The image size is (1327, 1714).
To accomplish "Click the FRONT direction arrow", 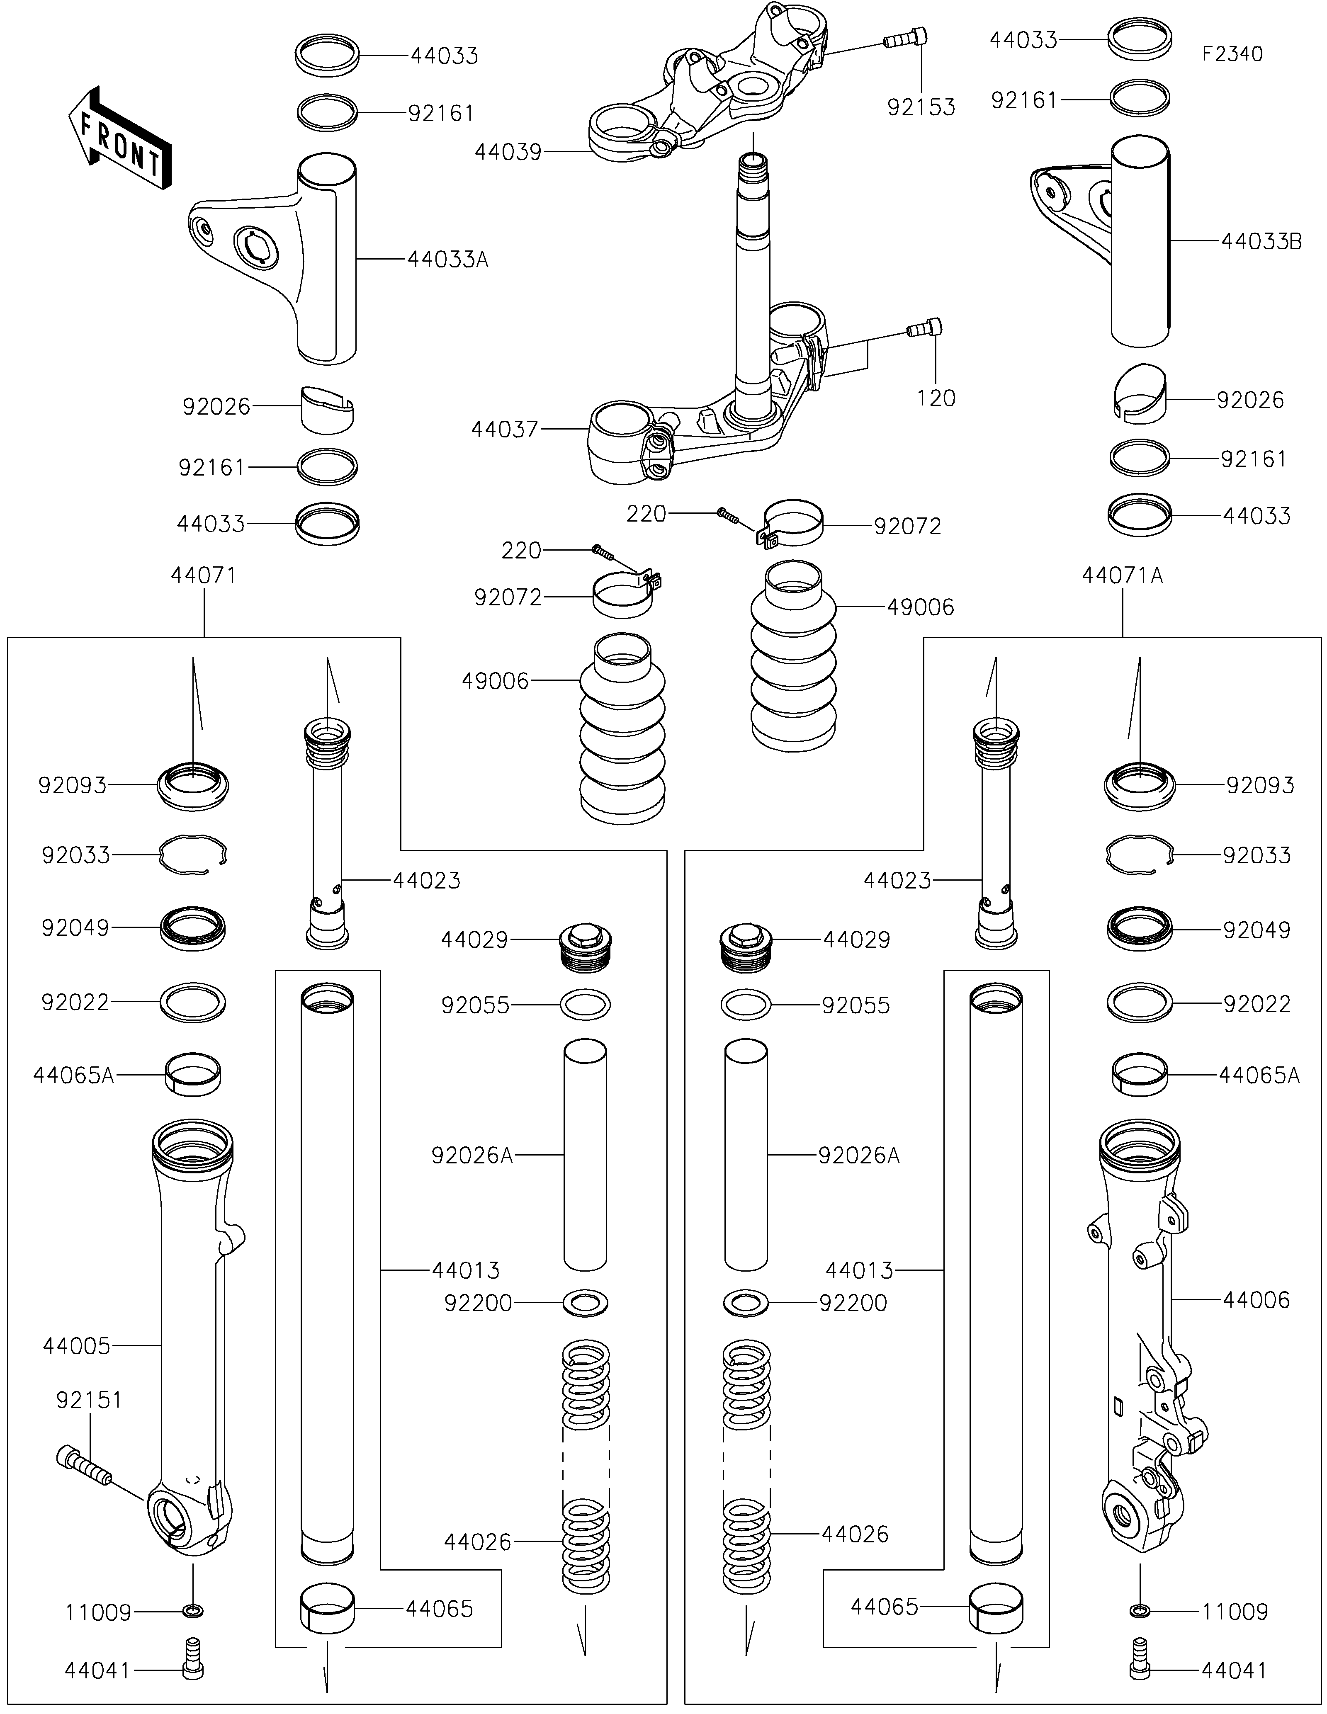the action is click(x=119, y=140).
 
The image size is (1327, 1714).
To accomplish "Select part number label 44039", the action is click(x=508, y=152).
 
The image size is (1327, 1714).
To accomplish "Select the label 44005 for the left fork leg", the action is click(x=77, y=1346).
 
